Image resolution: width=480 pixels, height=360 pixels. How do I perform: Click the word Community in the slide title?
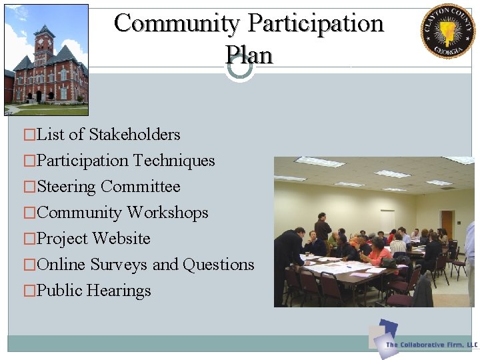pyautogui.click(x=177, y=23)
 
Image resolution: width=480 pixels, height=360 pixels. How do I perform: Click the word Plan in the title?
pyautogui.click(x=249, y=54)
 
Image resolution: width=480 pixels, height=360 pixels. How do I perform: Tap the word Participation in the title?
pyautogui.click(x=316, y=23)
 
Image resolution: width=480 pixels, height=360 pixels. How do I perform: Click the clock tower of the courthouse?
pyautogui.click(x=45, y=44)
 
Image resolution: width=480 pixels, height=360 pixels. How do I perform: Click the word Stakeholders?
pyautogui.click(x=135, y=135)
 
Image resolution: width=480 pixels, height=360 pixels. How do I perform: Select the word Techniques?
pyautogui.click(x=174, y=161)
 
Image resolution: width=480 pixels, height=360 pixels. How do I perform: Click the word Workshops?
pyautogui.click(x=168, y=213)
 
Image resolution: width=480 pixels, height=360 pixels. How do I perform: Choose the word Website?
pyautogui.click(x=122, y=239)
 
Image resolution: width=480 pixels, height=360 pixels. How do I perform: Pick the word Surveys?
pyautogui.click(x=119, y=265)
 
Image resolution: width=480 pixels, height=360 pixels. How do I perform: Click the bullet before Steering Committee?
pyautogui.click(x=29, y=187)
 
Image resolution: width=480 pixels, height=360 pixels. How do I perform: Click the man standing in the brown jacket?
pyautogui.click(x=323, y=229)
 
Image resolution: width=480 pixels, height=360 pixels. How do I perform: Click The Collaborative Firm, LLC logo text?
pyautogui.click(x=432, y=345)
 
